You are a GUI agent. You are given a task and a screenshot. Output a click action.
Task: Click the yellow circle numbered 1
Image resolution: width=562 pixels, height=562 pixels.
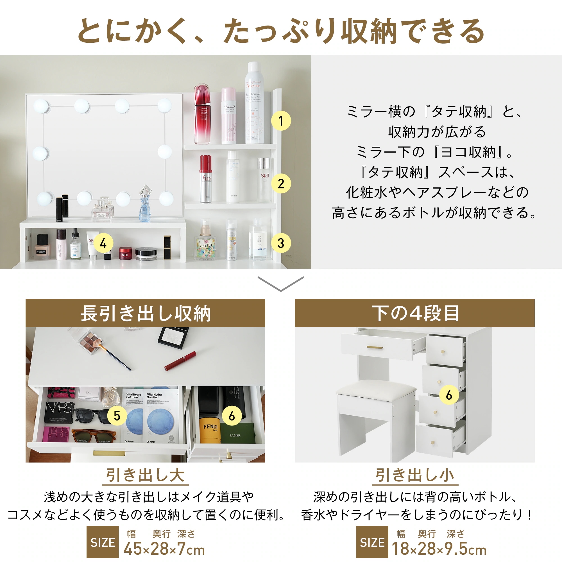(x=281, y=121)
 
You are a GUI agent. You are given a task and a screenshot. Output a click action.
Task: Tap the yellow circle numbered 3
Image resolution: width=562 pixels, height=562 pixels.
(x=281, y=243)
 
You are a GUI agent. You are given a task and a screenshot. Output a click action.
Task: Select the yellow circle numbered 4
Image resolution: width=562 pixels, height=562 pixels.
(x=103, y=243)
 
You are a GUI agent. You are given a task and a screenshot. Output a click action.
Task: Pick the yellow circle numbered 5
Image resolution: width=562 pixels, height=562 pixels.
(x=117, y=416)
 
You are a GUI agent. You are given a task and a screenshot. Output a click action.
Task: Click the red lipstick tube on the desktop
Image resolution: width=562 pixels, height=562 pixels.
(x=180, y=361)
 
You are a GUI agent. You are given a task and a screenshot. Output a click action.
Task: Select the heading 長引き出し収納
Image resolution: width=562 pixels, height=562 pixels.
(x=146, y=313)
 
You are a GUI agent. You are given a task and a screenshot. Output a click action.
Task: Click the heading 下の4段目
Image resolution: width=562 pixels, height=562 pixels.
(x=415, y=313)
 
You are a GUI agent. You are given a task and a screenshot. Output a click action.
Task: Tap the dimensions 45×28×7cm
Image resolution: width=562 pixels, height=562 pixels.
(x=164, y=549)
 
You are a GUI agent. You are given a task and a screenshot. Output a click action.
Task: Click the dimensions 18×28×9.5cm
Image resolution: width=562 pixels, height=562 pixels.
(x=439, y=549)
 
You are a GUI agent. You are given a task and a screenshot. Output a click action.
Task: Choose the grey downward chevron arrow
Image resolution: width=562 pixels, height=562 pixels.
(x=281, y=284)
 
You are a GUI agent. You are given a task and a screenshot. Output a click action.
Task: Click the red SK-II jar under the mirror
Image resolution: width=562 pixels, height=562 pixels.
(x=125, y=253)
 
